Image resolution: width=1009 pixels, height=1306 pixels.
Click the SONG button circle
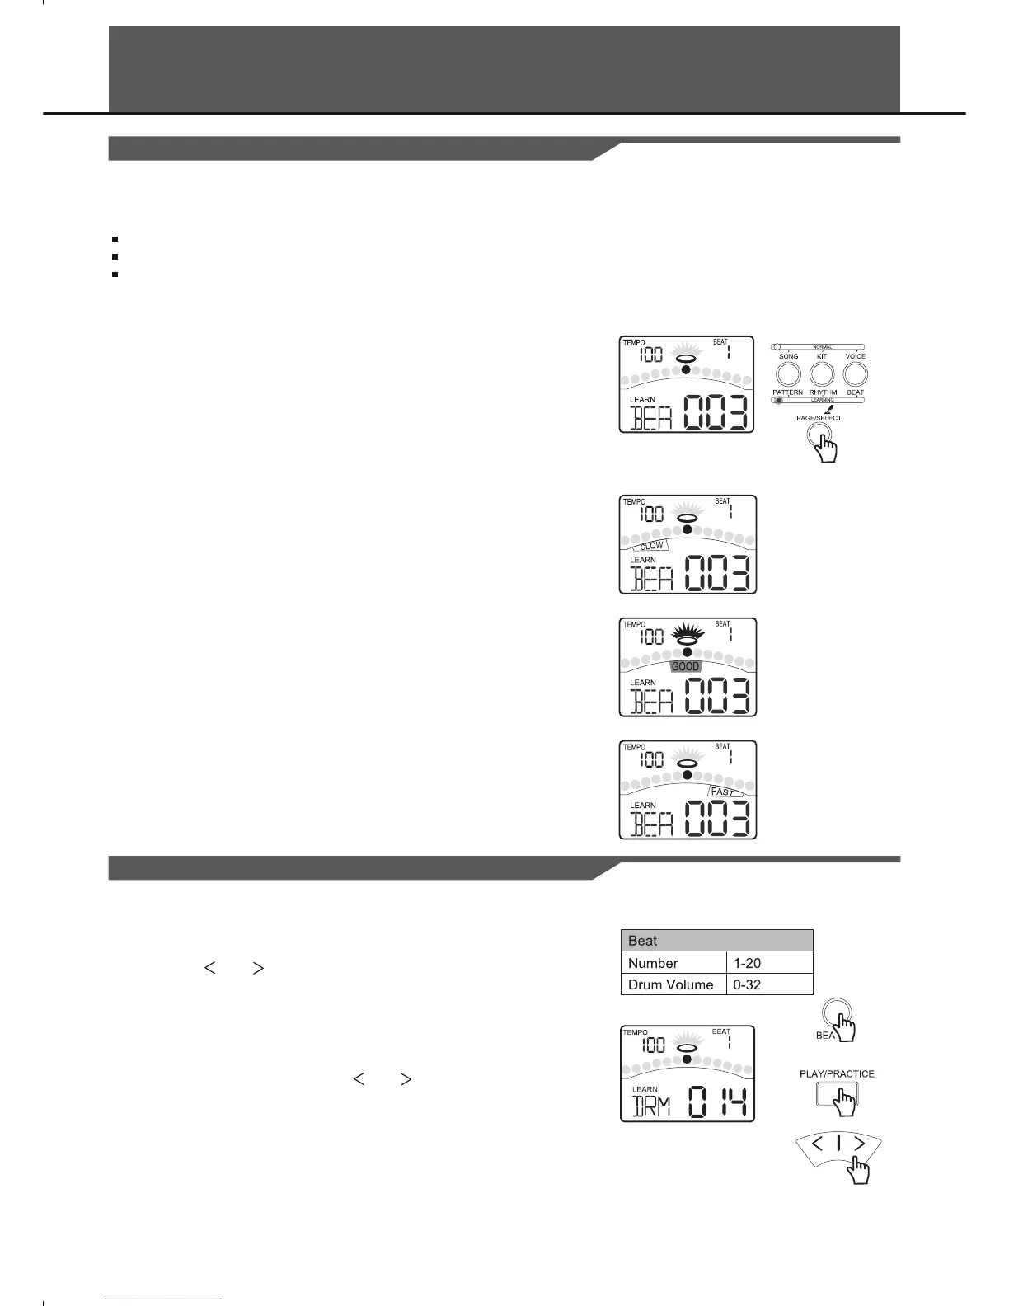(x=788, y=374)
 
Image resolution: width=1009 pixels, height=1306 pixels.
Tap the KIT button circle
(x=822, y=374)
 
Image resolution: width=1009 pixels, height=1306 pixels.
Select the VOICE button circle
(x=855, y=374)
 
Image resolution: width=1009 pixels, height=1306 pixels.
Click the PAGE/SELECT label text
(x=819, y=418)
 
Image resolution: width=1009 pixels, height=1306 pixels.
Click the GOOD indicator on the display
(x=685, y=666)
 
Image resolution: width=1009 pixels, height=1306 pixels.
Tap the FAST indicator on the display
(x=722, y=792)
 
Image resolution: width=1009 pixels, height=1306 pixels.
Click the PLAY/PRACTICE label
(x=837, y=1073)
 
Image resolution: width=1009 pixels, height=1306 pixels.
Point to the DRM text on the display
(x=651, y=1105)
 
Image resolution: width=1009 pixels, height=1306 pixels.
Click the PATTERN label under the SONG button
(x=788, y=392)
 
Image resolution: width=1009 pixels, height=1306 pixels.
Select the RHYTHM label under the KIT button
(x=823, y=392)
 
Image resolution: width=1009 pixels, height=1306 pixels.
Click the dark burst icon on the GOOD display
(x=687, y=636)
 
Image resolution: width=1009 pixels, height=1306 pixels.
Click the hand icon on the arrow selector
(x=860, y=1169)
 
